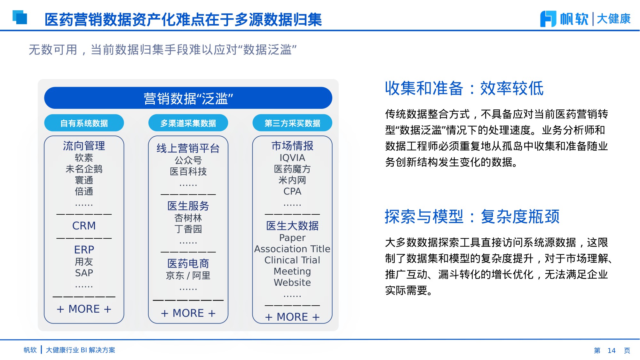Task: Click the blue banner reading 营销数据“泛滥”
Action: click(x=188, y=98)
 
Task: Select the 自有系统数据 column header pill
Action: click(x=84, y=123)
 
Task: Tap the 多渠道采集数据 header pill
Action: click(x=188, y=123)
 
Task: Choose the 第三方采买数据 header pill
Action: click(x=292, y=123)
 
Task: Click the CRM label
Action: click(x=84, y=226)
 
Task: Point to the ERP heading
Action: click(x=84, y=250)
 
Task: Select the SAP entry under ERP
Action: click(x=84, y=273)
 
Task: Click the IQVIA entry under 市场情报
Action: click(x=292, y=158)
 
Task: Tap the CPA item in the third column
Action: click(x=292, y=191)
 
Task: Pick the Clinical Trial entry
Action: click(x=292, y=260)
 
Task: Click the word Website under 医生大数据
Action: click(x=292, y=283)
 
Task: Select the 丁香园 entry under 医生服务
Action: click(x=188, y=229)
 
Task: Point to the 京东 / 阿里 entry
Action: click(x=188, y=276)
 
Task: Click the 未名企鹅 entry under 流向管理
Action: click(x=84, y=169)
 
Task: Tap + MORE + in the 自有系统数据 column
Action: click(x=84, y=309)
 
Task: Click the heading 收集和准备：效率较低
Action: click(x=464, y=88)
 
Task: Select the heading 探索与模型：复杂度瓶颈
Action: click(x=472, y=217)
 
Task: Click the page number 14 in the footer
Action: click(x=612, y=350)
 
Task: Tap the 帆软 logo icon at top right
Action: click(x=548, y=19)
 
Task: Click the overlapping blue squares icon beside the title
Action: click(x=20, y=17)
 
